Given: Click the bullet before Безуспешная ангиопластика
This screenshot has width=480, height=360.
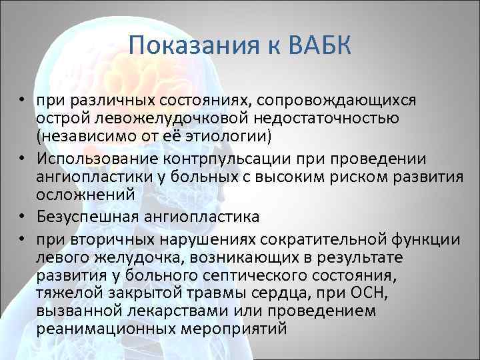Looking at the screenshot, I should (22, 216).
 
